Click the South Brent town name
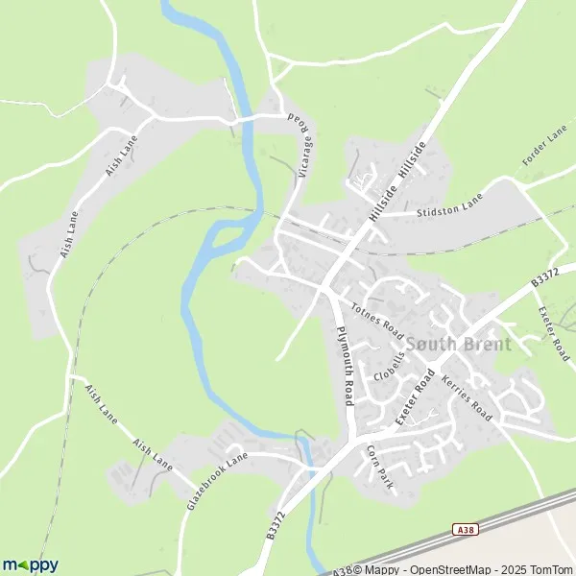459,344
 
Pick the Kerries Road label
467,398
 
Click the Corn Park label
380,468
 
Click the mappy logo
30,564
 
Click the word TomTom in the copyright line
551,568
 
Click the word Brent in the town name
487,344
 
